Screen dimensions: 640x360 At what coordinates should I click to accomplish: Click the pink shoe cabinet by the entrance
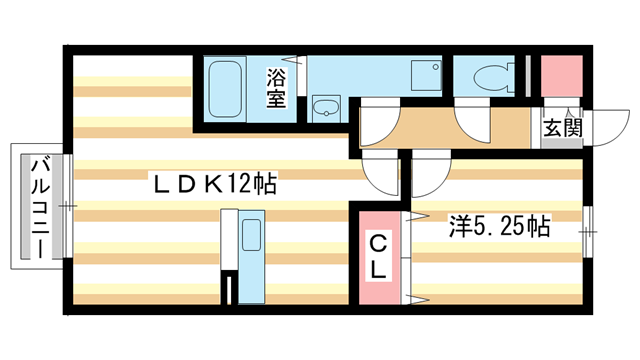pos(561,76)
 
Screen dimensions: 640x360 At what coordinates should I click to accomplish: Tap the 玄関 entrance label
pos(561,128)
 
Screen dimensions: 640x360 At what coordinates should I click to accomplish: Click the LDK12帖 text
pos(214,185)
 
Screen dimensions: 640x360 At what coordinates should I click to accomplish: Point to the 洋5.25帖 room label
pos(496,226)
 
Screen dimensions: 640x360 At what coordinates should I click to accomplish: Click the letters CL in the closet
pos(380,255)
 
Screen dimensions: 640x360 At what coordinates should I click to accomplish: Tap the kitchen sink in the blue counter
pos(250,236)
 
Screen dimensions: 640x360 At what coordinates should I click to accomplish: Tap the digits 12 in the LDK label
pos(238,185)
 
